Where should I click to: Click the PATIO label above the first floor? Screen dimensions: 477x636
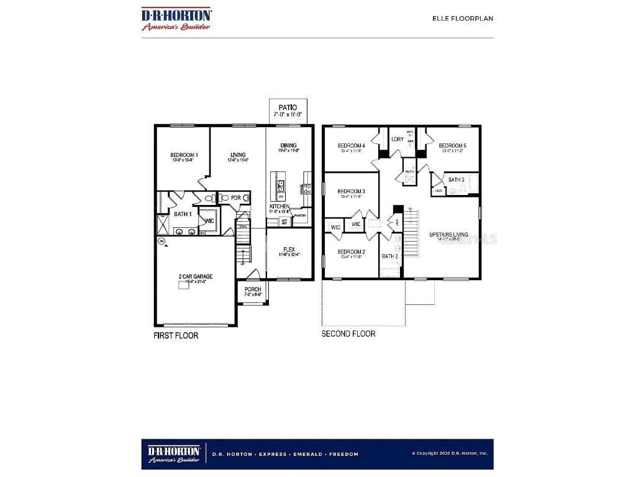coord(287,107)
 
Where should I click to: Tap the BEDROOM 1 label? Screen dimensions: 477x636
coord(184,155)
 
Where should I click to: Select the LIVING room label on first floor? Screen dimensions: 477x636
coord(237,155)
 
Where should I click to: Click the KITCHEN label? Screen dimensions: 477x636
coord(279,206)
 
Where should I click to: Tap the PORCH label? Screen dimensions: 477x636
coord(253,289)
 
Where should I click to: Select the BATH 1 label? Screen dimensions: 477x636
coord(182,214)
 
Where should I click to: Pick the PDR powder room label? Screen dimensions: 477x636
coord(235,198)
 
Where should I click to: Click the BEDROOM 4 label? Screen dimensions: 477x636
coord(351,145)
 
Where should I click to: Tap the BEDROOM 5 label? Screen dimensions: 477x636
coord(452,145)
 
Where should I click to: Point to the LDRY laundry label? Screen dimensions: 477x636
coord(397,139)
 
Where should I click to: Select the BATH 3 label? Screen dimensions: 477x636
coord(457,180)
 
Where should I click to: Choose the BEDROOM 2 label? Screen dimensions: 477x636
coord(351,252)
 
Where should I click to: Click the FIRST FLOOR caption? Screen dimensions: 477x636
coord(176,335)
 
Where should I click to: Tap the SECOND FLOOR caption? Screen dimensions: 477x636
coord(348,334)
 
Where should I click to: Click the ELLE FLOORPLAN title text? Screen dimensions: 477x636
coord(463,19)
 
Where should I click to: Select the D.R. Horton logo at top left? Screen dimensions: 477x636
coord(176,19)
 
